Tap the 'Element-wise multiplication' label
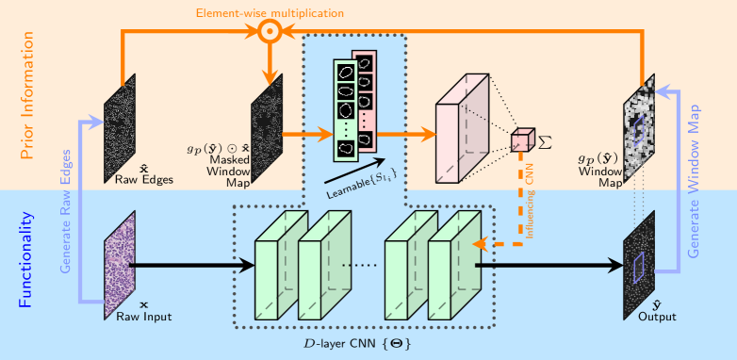(270, 12)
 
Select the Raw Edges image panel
(120, 128)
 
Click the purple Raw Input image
(120, 265)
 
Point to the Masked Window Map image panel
(267, 128)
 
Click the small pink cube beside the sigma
(523, 140)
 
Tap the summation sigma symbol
(544, 143)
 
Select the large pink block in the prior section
(463, 128)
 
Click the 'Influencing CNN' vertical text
(530, 205)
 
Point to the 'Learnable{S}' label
(363, 183)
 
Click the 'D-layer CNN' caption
(357, 344)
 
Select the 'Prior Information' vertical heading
(27, 95)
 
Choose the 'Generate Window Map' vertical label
(694, 181)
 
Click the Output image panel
(639, 265)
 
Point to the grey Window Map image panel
(639, 128)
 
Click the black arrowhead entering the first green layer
(246, 265)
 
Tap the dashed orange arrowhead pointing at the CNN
(481, 244)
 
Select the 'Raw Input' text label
(144, 317)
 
